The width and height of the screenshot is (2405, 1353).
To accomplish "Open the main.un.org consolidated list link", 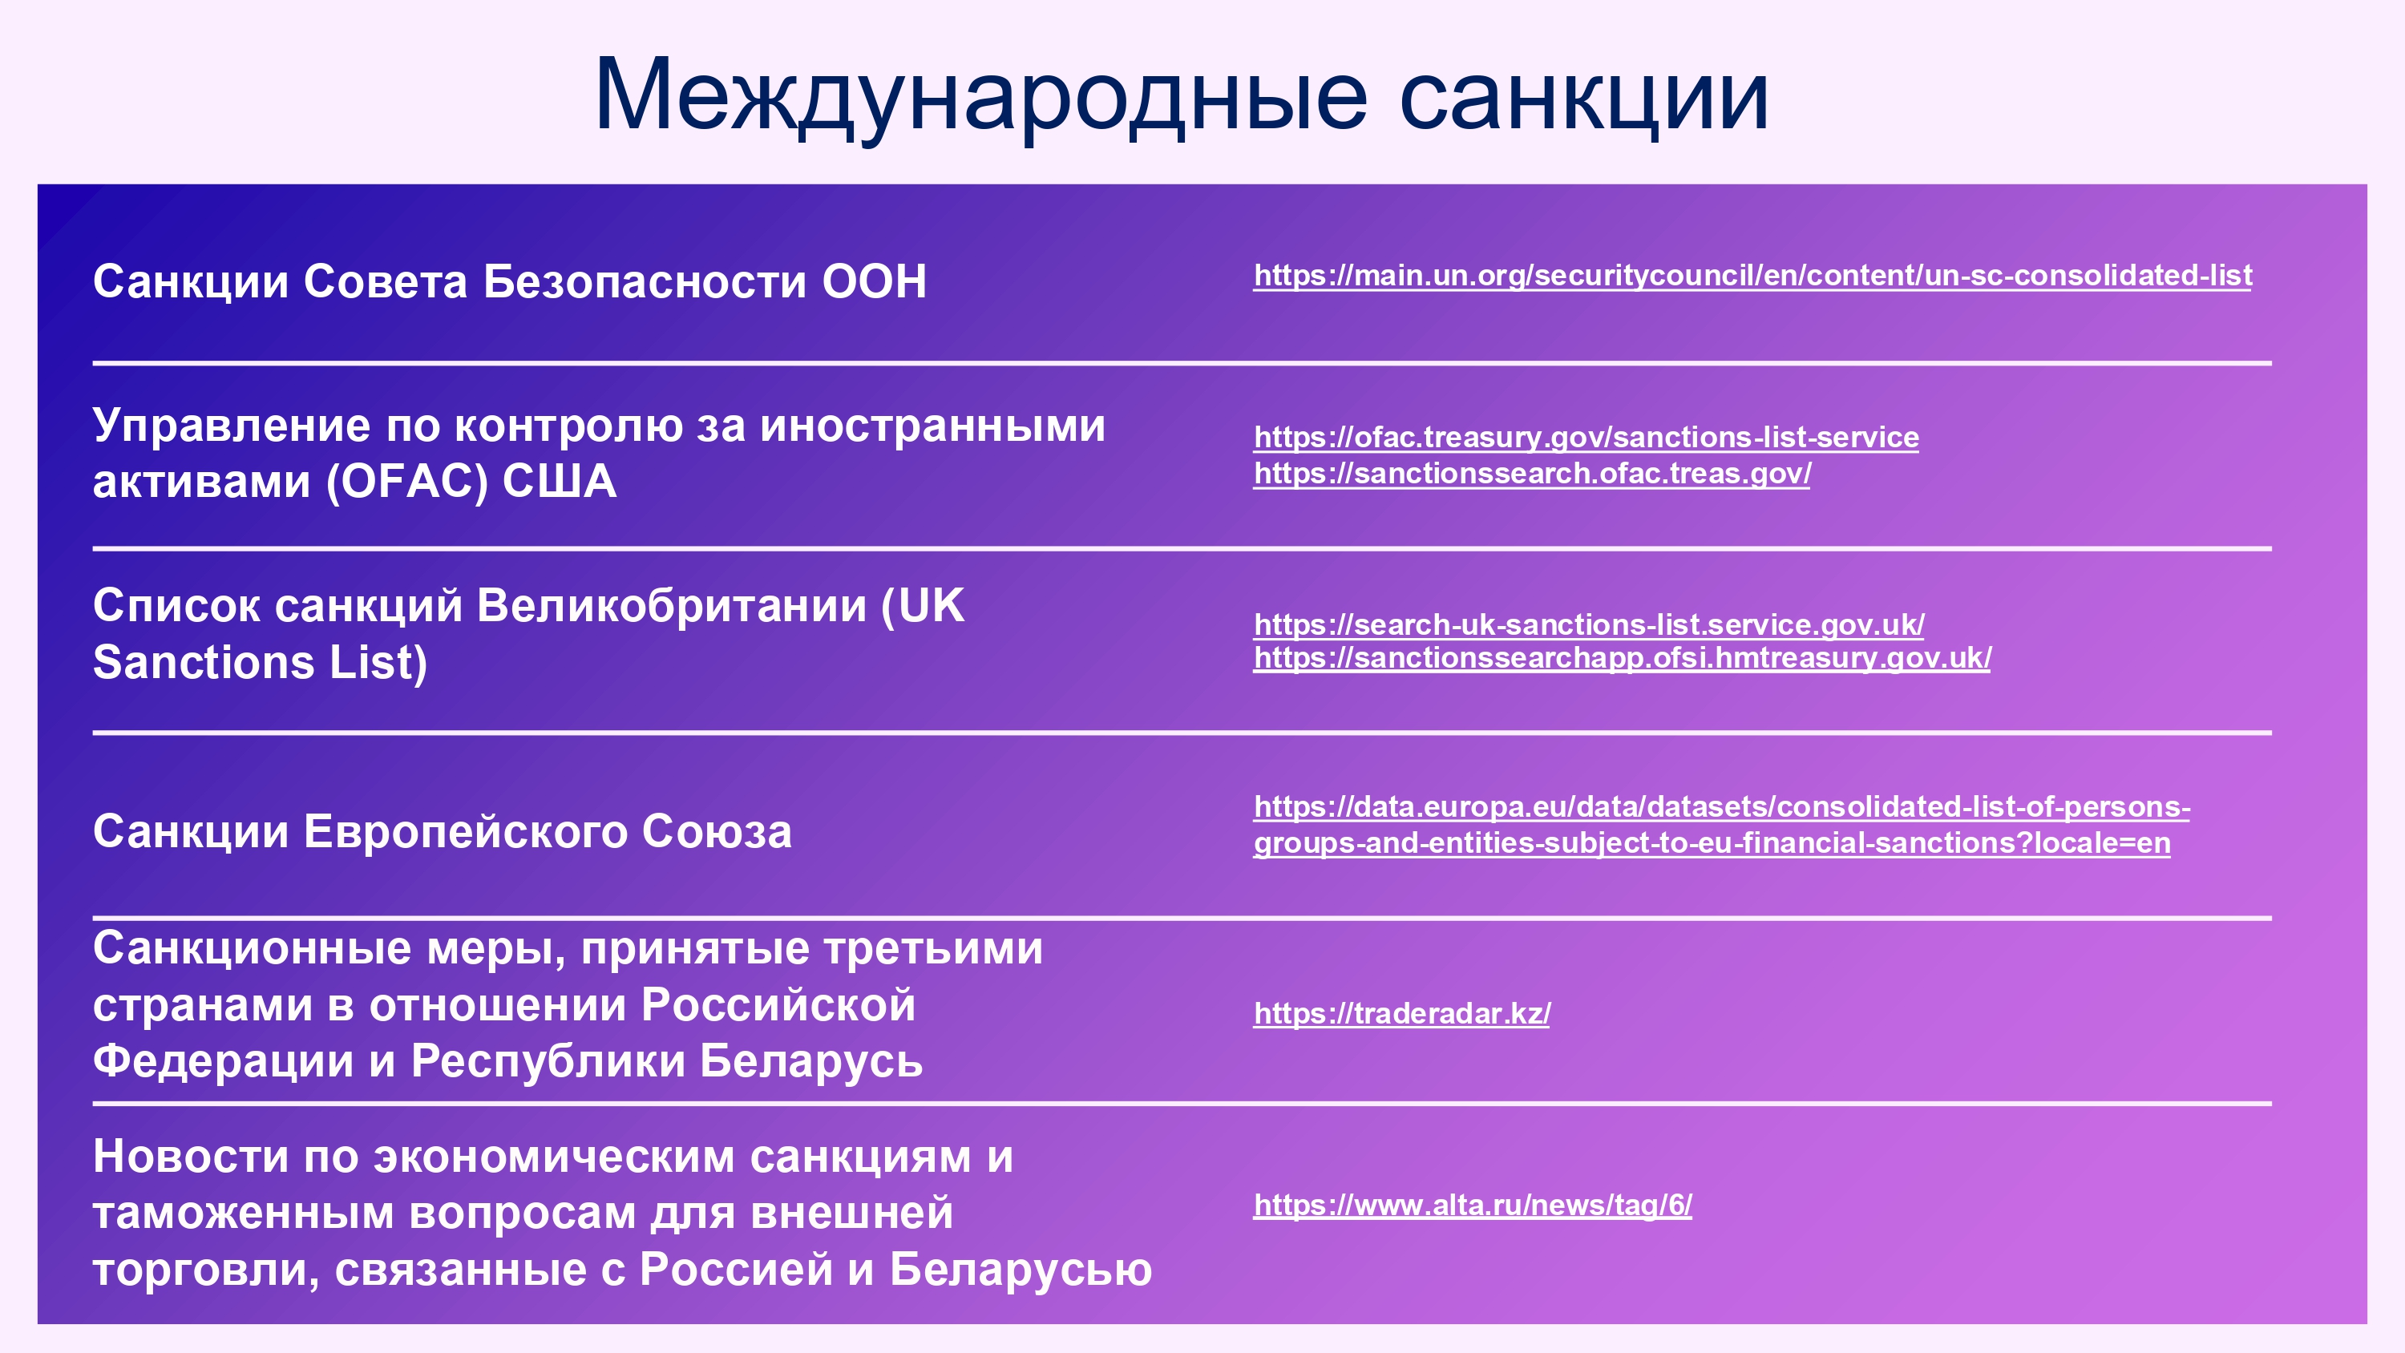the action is pos(1752,276).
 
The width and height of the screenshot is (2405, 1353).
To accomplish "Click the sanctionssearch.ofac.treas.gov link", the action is pos(1532,474).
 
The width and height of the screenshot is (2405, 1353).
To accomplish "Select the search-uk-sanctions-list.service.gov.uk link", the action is pos(1589,624).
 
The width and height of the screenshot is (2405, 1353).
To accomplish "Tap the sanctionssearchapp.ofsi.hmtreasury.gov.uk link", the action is pos(1622,657).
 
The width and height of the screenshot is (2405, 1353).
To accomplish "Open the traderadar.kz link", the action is pos(1401,1013).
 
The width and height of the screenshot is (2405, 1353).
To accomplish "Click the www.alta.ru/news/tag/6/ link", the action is pos(1473,1205).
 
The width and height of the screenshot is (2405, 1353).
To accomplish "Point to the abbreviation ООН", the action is pos(874,281).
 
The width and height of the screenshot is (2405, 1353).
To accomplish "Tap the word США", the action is pos(560,482).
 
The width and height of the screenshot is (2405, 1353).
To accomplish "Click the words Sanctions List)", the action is pos(261,662).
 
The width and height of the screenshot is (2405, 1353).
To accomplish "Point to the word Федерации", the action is pos(223,1062).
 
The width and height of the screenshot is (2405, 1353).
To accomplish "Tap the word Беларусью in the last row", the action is pos(1021,1270).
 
